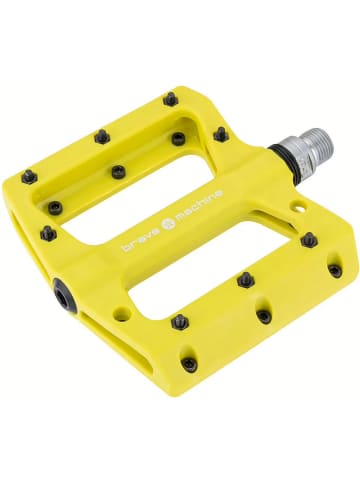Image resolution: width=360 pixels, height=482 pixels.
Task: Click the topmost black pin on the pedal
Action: click(171, 99)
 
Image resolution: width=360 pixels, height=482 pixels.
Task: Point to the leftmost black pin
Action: click(30, 177)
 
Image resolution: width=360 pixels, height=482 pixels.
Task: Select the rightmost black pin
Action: click(335, 269)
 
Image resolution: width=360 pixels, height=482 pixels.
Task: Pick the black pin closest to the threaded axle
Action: click(221, 133)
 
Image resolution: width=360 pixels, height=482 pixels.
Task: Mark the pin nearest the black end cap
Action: click(47, 233)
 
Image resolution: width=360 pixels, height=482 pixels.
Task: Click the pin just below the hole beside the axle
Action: click(309, 240)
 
